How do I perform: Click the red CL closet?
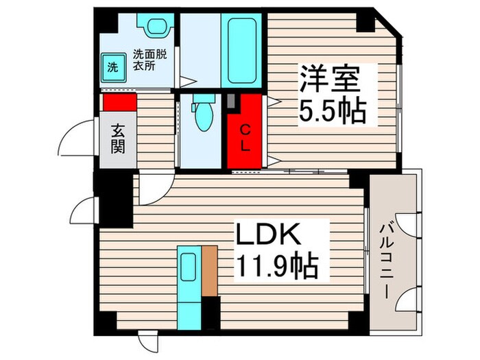(x=245, y=132)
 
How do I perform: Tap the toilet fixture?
(x=202, y=115)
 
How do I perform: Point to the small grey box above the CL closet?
(x=233, y=101)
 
